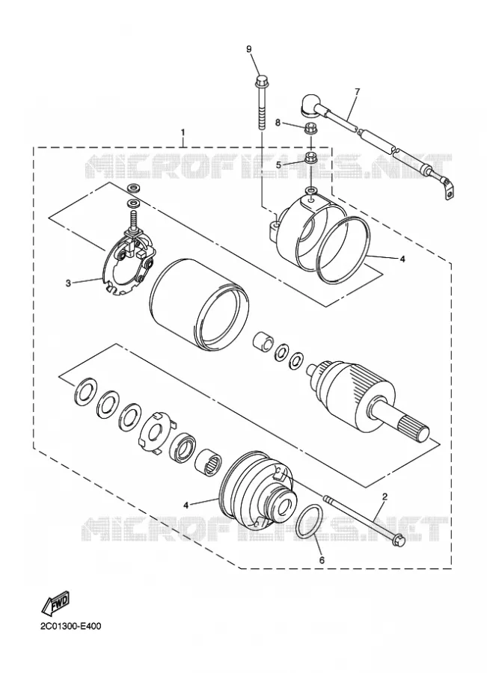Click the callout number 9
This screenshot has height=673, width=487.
click(249, 49)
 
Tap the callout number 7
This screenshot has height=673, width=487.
click(358, 91)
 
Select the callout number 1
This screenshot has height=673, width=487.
click(183, 132)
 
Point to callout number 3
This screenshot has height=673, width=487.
click(68, 283)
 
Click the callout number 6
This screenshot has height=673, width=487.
click(322, 559)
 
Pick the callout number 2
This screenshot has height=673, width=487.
click(385, 497)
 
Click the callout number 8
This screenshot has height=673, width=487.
click(278, 123)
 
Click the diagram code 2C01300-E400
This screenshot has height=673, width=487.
click(71, 626)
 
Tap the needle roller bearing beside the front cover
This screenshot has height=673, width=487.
click(209, 464)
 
